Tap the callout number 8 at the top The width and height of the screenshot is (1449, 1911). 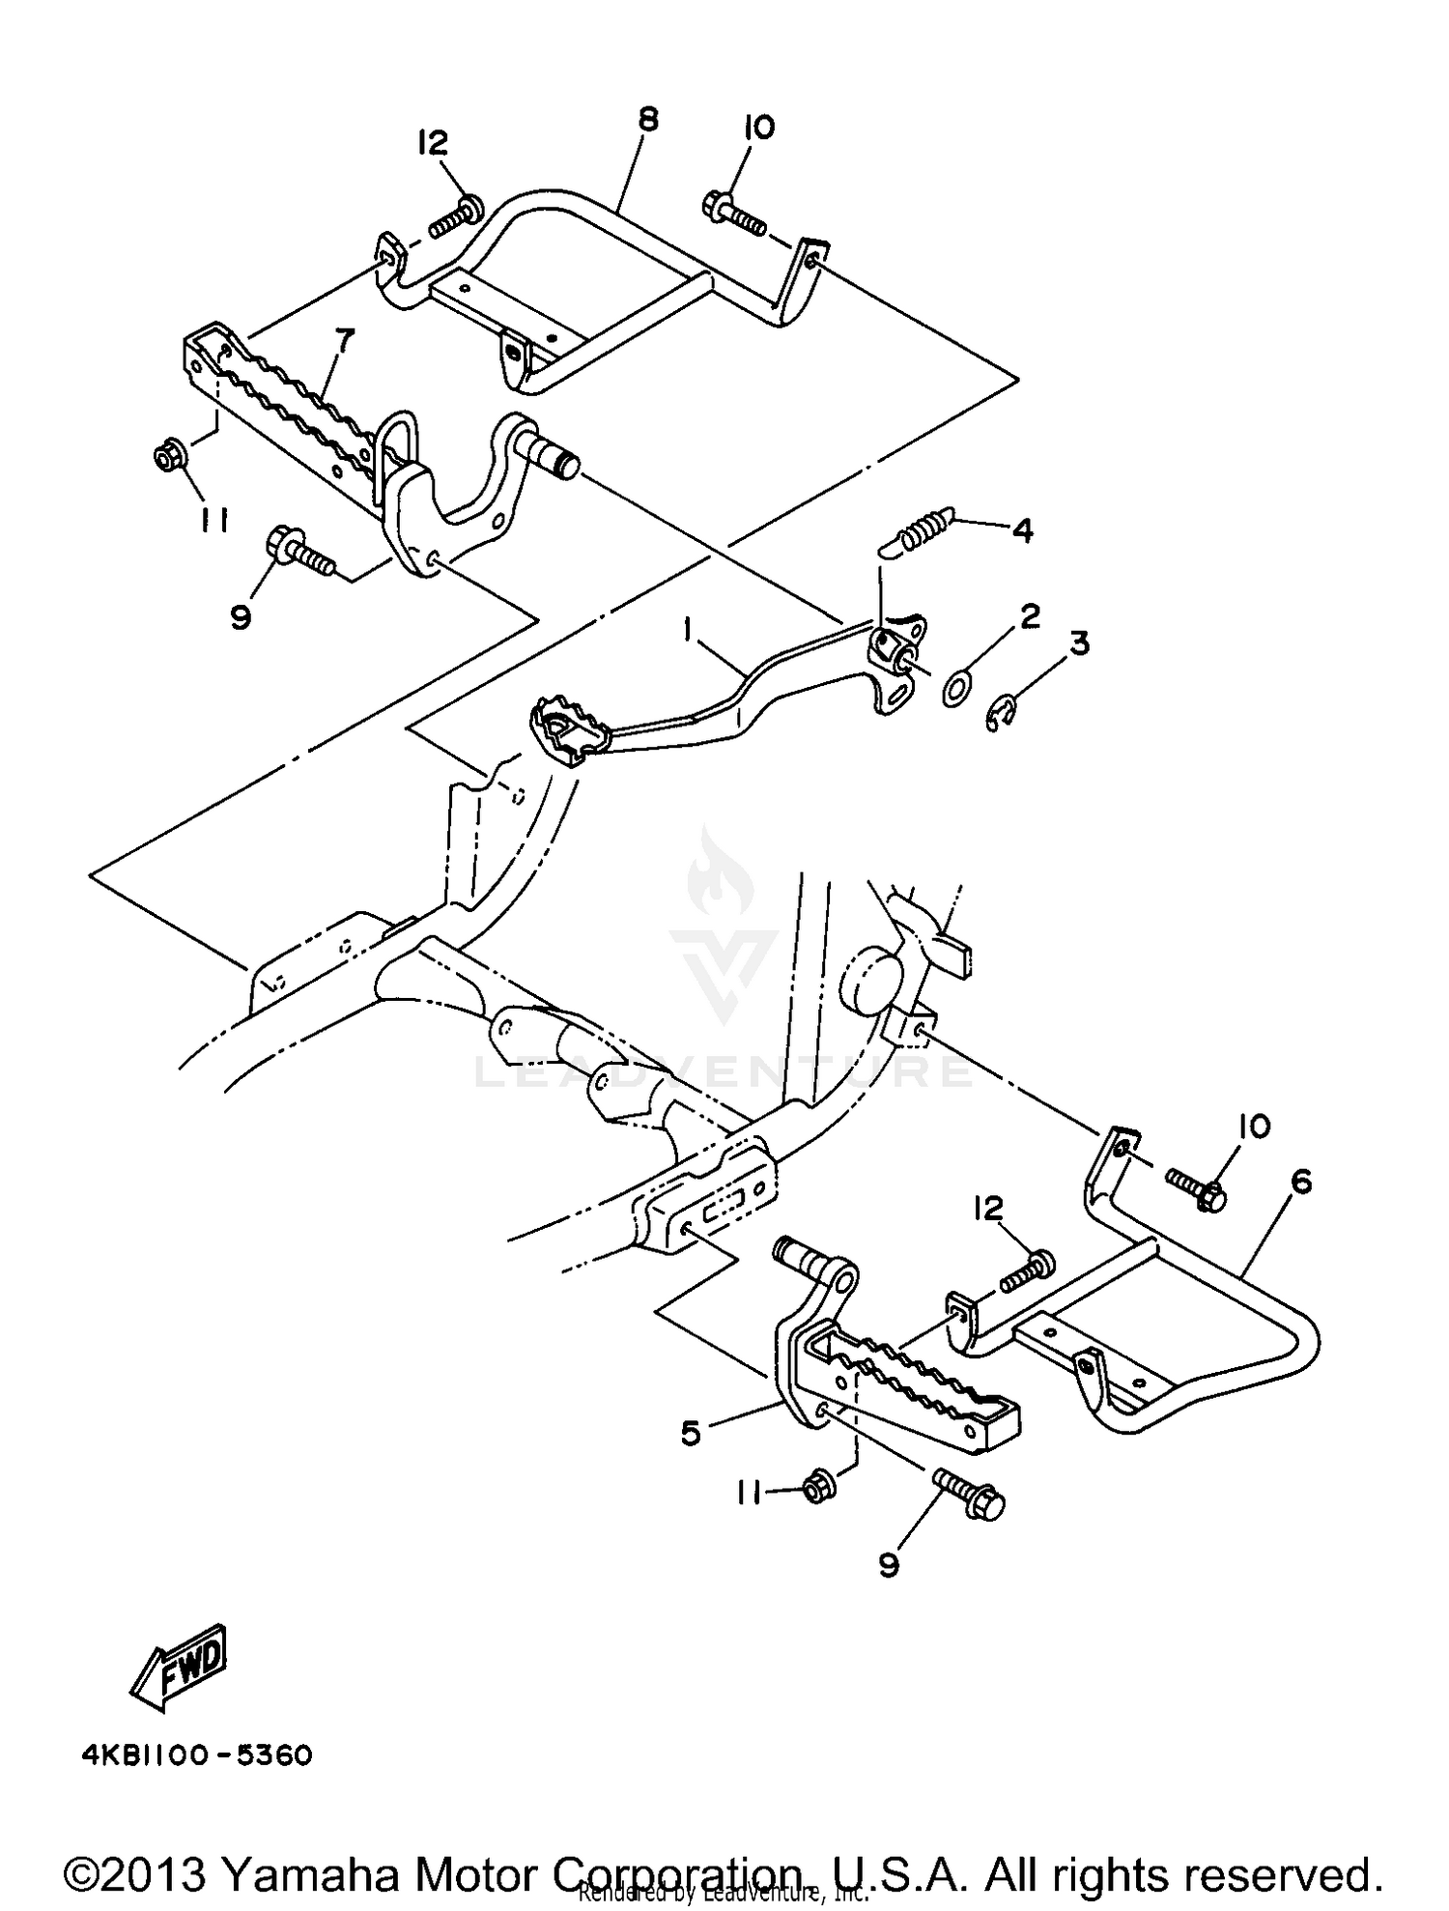click(648, 120)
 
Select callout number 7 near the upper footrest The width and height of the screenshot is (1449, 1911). click(344, 341)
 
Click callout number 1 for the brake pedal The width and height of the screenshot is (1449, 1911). click(688, 631)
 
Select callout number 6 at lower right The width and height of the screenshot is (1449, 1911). click(1300, 1182)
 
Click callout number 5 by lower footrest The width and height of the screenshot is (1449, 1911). click(690, 1433)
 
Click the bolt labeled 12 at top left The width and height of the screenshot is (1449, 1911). click(454, 217)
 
